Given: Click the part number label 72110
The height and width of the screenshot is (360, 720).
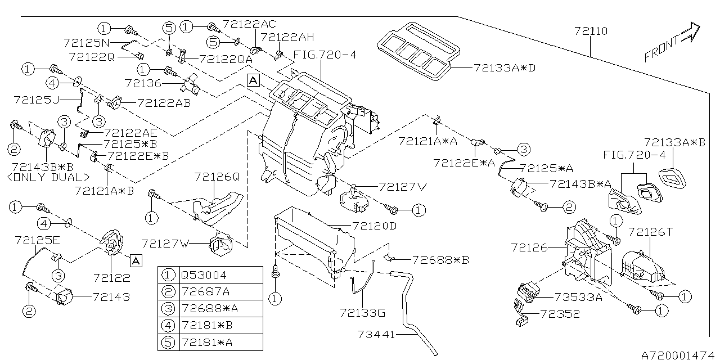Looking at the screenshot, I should point(591,31).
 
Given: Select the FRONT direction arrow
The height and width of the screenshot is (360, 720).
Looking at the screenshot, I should point(673,43).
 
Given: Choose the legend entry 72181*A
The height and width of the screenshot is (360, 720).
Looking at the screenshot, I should point(202,343).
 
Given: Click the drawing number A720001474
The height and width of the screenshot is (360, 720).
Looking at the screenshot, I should point(679,355).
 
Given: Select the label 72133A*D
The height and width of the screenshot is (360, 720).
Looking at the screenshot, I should point(504,68).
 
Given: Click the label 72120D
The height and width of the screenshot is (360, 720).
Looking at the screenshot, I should point(375,226).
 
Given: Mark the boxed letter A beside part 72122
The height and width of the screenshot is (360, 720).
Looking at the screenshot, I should point(136,260).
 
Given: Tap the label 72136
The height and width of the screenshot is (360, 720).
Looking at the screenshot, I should point(143,83).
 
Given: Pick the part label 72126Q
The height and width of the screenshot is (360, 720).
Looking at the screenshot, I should point(217,177).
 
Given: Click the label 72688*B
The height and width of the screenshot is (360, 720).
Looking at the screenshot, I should point(440,260).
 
